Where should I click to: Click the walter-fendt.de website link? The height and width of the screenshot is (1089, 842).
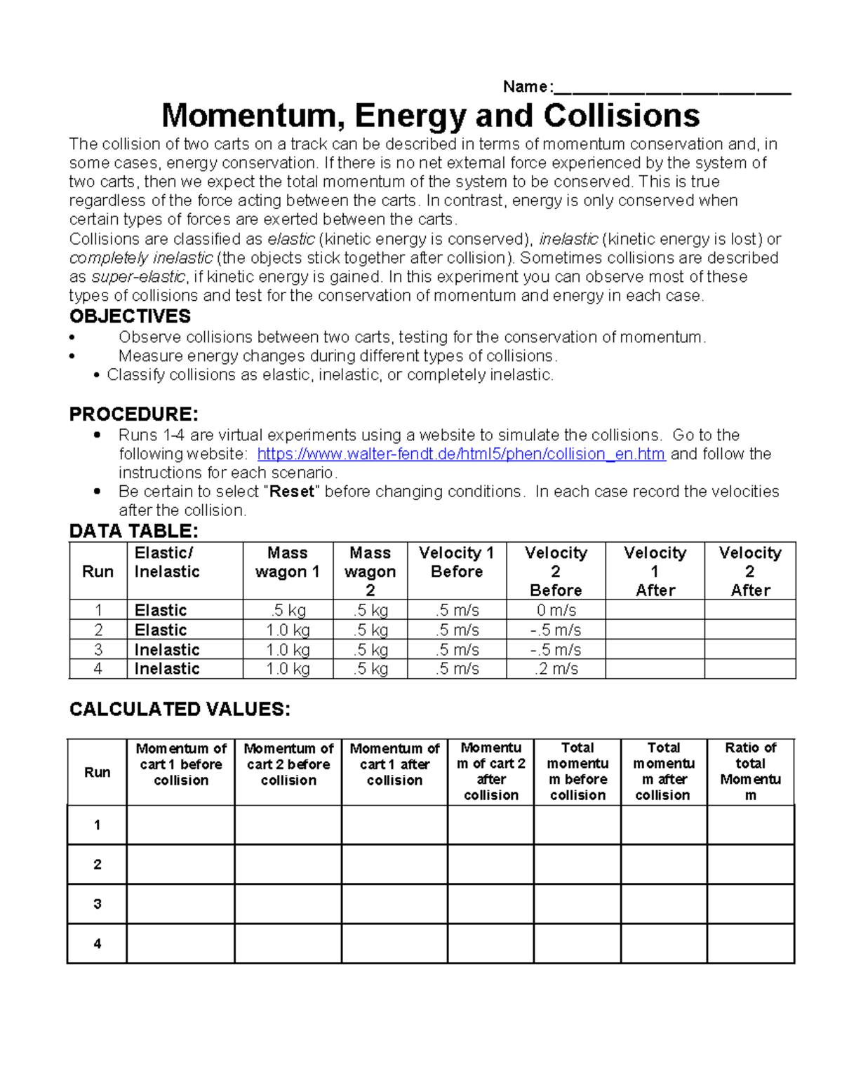pos(461,454)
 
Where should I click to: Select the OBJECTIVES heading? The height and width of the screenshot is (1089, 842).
pos(130,316)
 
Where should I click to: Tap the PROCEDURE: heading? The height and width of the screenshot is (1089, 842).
pos(133,414)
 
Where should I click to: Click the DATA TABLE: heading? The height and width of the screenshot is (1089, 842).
pos(133,531)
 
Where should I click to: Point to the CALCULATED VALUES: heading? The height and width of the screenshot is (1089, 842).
pos(180,710)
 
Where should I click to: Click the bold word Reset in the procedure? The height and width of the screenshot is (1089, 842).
pos(292,492)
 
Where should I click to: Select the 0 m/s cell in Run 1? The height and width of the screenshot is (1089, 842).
pos(556,610)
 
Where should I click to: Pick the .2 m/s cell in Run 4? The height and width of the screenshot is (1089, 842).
pos(556,669)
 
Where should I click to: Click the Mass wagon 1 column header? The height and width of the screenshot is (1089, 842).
pos(288,562)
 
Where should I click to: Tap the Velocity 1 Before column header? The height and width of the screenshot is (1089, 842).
pos(457,562)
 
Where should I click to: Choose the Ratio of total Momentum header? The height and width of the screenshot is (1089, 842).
pos(750,771)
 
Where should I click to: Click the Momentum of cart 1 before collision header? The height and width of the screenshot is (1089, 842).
pos(181,764)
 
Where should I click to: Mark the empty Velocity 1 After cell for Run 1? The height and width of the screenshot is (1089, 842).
pos(655,610)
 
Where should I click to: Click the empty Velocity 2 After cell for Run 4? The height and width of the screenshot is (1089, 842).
pos(749,669)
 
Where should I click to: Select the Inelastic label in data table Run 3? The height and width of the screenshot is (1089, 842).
pos(167,650)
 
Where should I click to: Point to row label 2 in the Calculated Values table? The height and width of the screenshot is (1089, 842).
pos(98,865)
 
